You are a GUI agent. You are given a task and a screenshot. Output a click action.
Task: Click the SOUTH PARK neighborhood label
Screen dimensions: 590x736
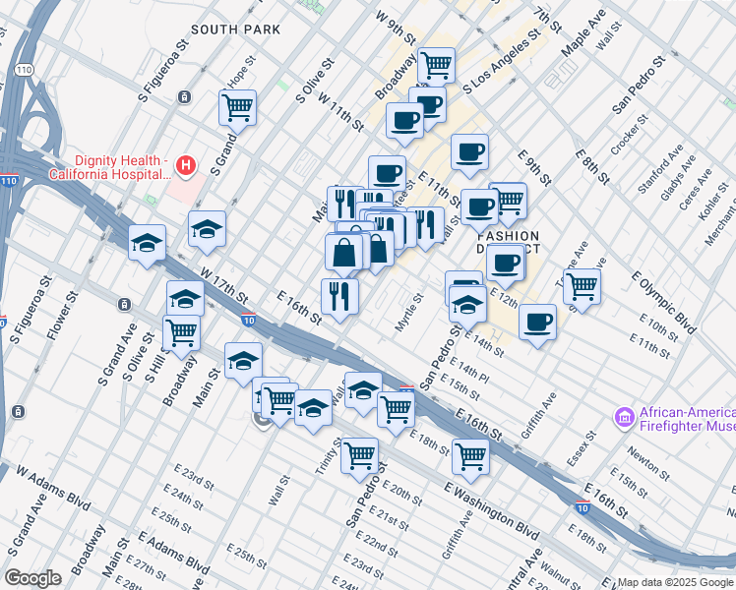point(235,29)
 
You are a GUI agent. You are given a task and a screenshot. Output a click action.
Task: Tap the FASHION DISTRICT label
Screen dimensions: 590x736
point(508,243)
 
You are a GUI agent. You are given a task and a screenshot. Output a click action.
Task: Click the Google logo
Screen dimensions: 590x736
point(32,578)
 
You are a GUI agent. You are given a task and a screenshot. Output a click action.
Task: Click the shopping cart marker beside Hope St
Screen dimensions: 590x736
point(237,107)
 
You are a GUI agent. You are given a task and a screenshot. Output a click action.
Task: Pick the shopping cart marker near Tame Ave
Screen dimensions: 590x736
point(582,286)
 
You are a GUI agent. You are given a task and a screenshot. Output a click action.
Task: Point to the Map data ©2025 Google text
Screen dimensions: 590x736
point(674,580)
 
